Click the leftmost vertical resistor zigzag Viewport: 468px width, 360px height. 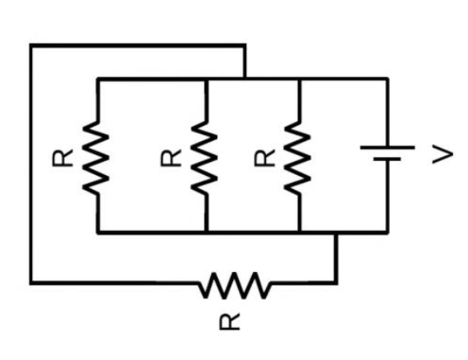coord(97,155)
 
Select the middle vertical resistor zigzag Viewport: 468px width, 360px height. coord(205,155)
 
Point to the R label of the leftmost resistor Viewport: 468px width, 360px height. coord(62,156)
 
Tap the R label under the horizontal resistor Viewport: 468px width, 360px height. coord(232,322)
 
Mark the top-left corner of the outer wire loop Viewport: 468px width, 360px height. coord(31,45)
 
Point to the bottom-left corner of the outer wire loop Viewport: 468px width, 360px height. coord(31,284)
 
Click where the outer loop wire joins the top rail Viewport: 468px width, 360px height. coord(245,79)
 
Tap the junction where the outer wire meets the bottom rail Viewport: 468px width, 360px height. coord(336,233)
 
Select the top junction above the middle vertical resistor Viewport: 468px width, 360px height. coord(205,79)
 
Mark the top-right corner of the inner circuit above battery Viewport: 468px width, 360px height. coord(387,79)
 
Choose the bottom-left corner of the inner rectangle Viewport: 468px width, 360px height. coord(98,233)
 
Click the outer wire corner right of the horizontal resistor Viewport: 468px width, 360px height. coord(336,284)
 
